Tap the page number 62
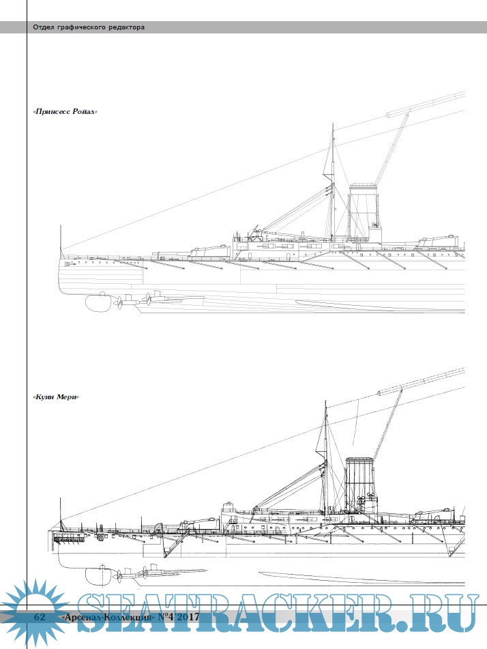point(40,617)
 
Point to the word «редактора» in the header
point(128,27)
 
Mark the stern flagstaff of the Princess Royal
point(61,239)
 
